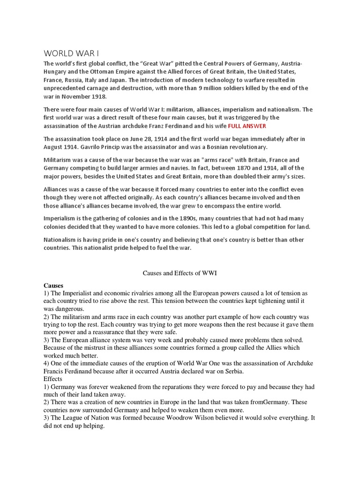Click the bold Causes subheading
point(53,285)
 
